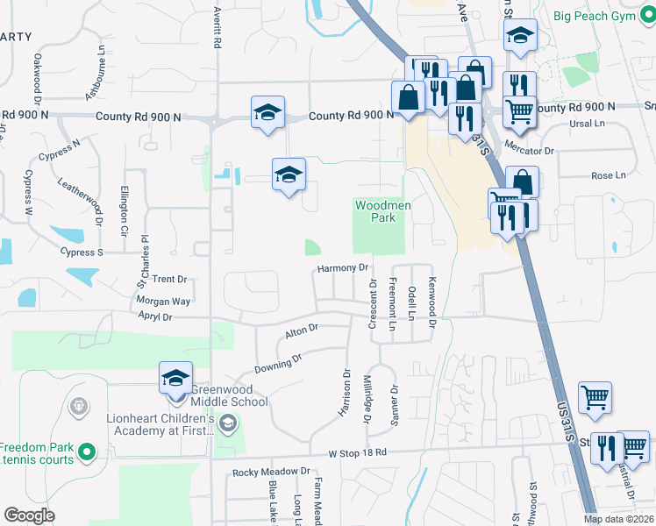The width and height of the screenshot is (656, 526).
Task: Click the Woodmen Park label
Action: point(382,211)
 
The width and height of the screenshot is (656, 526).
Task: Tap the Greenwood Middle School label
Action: point(219,395)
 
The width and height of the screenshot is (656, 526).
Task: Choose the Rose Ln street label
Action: point(608,175)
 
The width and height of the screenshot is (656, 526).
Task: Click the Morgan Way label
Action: point(163,301)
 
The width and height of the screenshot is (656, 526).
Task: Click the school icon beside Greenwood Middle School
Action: point(175,379)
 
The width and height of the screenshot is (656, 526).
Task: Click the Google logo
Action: point(29,515)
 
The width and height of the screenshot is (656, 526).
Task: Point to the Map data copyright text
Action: point(618,519)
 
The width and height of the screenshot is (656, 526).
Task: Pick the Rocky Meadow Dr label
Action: point(271,472)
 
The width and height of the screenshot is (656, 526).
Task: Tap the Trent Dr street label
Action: point(170,279)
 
